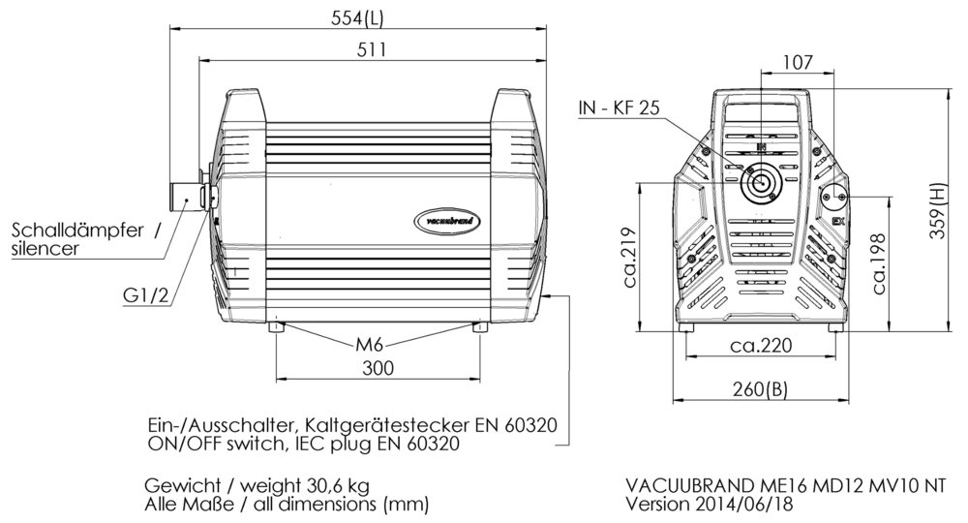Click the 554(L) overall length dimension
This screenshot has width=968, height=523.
click(x=356, y=17)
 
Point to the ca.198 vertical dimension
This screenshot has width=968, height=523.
click(x=880, y=263)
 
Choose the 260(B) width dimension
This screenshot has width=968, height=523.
click(x=760, y=389)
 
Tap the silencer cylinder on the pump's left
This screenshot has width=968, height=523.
click(x=184, y=197)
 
